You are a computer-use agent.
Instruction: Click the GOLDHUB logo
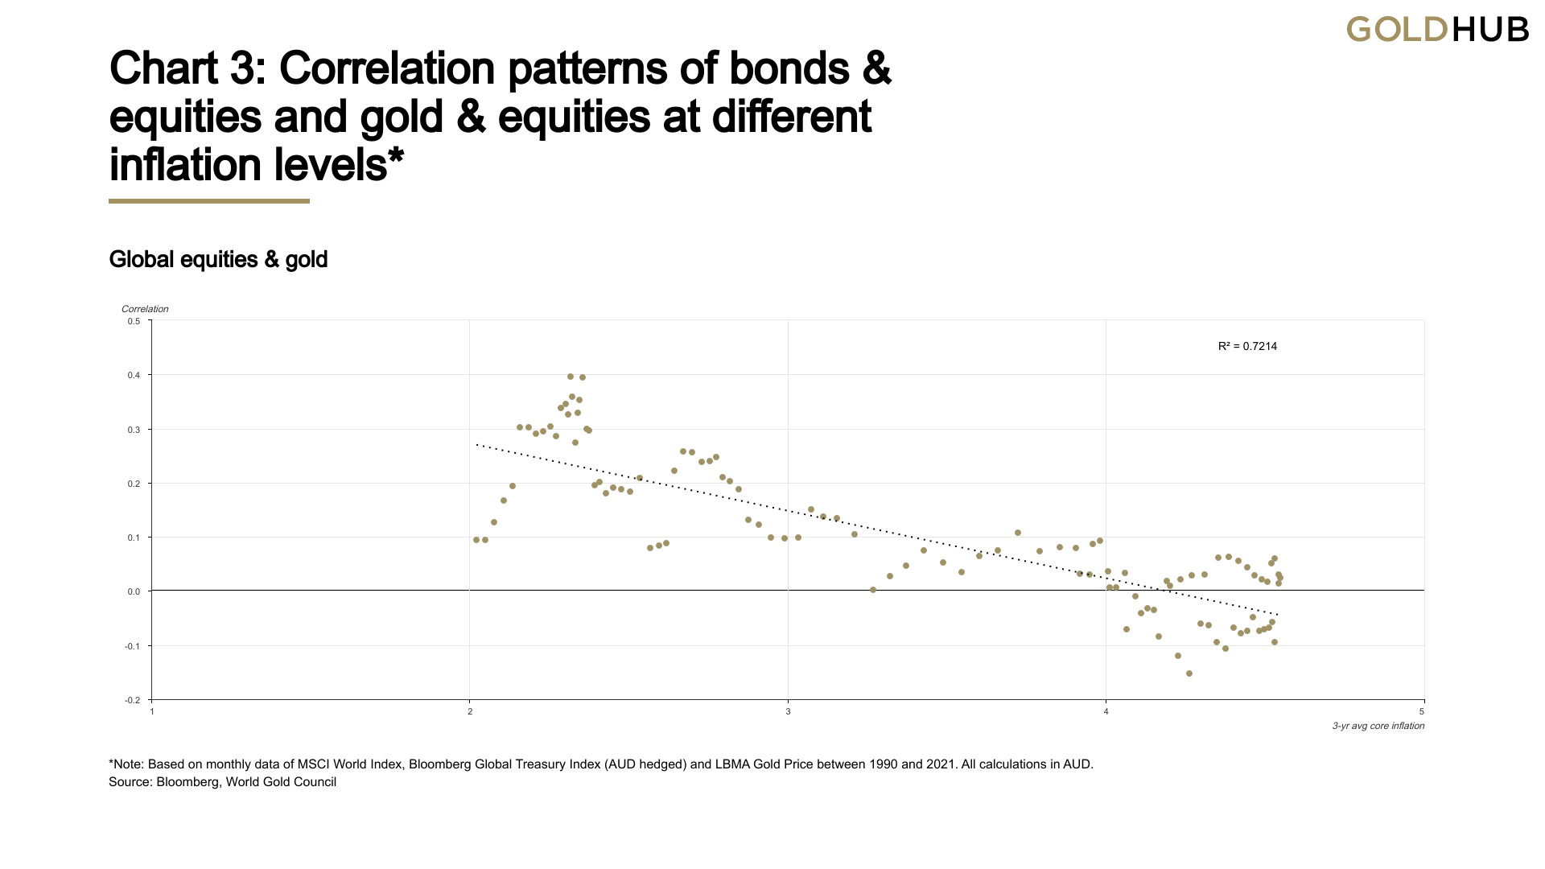click(1437, 30)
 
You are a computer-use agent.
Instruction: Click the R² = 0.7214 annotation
click(1247, 347)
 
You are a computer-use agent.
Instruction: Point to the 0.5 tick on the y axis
click(134, 322)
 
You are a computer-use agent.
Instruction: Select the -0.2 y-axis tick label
click(133, 701)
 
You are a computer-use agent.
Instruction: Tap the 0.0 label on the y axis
click(134, 592)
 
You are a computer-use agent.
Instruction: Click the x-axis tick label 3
click(788, 712)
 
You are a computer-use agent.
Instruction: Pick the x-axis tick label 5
click(1422, 712)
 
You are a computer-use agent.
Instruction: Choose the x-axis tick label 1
click(152, 712)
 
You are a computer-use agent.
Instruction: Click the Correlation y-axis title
click(145, 309)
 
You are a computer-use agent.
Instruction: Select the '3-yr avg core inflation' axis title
click(1378, 727)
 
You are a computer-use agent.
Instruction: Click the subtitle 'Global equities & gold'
click(218, 260)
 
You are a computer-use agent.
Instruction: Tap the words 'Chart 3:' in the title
click(188, 68)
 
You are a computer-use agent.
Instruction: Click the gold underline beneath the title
click(209, 201)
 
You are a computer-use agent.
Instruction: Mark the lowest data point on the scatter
click(1189, 674)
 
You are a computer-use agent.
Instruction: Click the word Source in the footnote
click(129, 782)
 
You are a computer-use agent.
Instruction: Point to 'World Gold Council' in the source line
click(281, 782)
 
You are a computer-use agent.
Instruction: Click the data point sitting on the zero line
click(873, 591)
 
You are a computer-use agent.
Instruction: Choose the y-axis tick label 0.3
click(134, 430)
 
